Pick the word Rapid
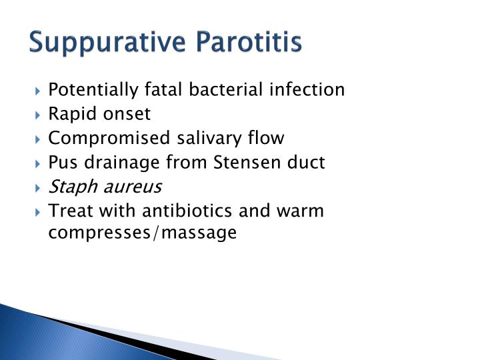click(70, 114)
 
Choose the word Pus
click(61, 163)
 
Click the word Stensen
click(239, 162)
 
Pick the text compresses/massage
click(142, 233)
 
